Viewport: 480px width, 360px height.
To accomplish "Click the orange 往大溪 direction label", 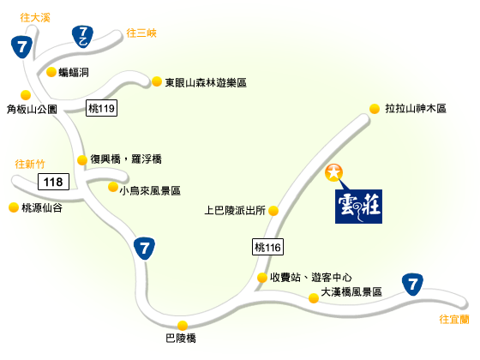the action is [35, 17].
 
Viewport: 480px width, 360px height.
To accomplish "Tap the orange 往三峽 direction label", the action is [141, 33].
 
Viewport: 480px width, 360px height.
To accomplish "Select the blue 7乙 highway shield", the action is [82, 37].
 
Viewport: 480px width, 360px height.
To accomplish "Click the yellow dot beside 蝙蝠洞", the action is [51, 72].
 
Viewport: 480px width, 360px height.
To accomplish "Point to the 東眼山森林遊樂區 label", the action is [206, 82].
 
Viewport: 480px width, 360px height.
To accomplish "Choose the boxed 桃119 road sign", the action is [101, 108].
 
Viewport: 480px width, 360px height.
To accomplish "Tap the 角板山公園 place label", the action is [32, 110].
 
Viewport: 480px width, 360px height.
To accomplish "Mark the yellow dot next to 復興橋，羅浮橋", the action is [82, 159].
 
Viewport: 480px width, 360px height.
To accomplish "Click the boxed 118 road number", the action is [53, 182].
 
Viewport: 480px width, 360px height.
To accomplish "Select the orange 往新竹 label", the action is [30, 164].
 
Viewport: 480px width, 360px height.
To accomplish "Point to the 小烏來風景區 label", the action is [150, 190].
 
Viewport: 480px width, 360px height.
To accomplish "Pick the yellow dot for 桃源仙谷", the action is [14, 207].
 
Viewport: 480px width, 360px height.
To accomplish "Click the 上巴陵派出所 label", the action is [235, 210].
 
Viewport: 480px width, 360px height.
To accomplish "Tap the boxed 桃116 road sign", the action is [267, 247].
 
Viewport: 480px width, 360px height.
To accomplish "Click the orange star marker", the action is [333, 172].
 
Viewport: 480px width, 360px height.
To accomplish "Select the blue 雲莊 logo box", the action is [358, 207].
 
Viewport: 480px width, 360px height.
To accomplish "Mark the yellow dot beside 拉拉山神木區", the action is [375, 109].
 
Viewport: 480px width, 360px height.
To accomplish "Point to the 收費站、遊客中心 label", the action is [310, 278].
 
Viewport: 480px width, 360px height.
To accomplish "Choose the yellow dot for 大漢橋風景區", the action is [314, 298].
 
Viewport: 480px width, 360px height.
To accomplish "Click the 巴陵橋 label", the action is [181, 339].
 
